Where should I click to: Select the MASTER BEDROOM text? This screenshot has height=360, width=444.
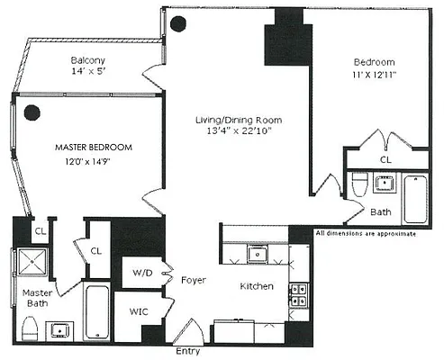click(x=94, y=147)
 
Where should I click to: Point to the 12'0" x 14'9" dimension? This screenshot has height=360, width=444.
click(x=94, y=163)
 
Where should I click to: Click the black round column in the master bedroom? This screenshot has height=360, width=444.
click(x=32, y=112)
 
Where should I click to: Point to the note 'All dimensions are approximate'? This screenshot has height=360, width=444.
click(x=366, y=234)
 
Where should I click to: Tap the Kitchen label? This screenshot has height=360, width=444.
click(x=258, y=286)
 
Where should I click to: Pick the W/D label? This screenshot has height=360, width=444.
click(x=141, y=272)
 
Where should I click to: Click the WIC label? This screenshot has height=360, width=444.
click(x=139, y=311)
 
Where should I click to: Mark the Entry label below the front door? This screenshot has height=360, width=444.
click(x=189, y=351)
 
